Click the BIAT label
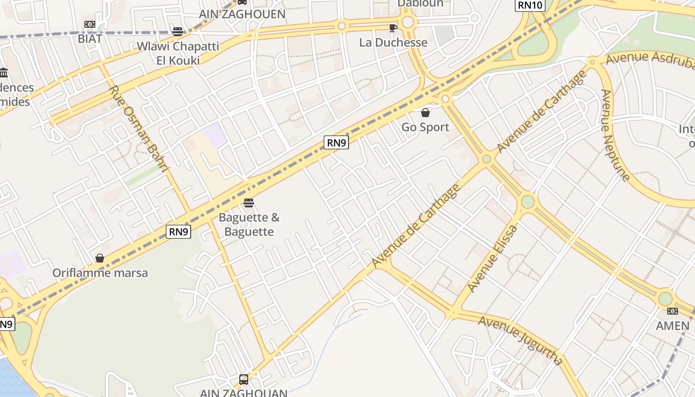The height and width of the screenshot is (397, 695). [90, 39]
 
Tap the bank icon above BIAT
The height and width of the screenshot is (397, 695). [90, 24]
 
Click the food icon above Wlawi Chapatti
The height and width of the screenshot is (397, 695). [178, 32]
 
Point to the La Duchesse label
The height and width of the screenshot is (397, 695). [393, 43]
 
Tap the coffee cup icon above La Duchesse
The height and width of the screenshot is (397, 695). [393, 28]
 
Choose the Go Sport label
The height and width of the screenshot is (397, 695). [425, 128]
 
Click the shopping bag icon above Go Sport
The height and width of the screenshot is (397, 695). [425, 113]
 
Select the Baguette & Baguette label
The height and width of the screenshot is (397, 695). [249, 224]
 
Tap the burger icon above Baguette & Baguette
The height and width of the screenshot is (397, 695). [249, 202]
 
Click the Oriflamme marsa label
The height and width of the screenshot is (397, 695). [100, 273]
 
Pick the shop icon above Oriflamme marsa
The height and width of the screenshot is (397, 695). [100, 258]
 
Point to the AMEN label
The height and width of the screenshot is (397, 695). [673, 326]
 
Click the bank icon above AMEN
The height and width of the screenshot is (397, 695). [673, 311]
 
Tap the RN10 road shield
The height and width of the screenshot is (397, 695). [530, 5]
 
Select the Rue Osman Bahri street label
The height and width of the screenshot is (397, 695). [139, 129]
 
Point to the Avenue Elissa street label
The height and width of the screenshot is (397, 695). [492, 259]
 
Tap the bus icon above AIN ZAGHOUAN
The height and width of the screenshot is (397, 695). [244, 380]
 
